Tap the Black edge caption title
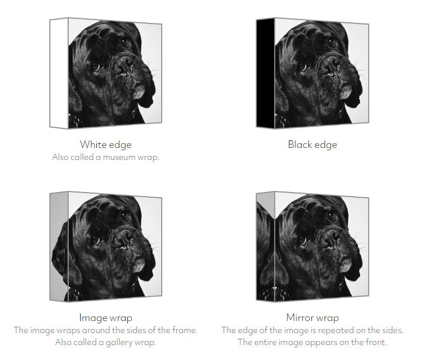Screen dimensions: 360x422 pyautogui.click(x=312, y=144)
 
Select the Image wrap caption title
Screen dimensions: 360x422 pyautogui.click(x=106, y=318)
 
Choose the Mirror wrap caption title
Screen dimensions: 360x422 pyautogui.click(x=312, y=318)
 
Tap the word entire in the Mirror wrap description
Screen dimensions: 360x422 pyautogui.click(x=270, y=342)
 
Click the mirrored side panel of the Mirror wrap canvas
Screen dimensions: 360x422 pyautogui.click(x=265, y=246)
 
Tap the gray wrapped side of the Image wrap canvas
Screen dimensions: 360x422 pyautogui.click(x=59, y=246)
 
